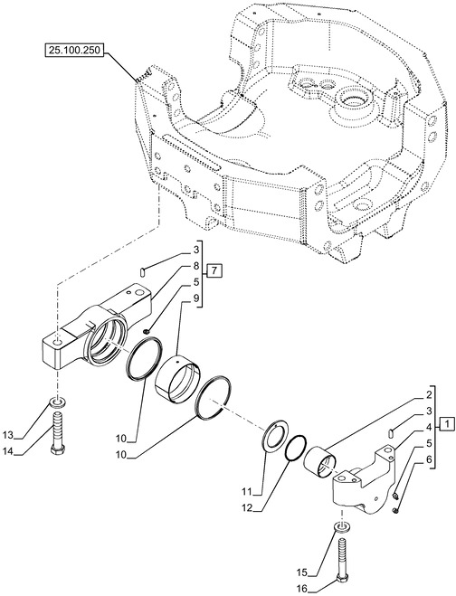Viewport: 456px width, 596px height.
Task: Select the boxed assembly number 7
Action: click(x=213, y=270)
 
